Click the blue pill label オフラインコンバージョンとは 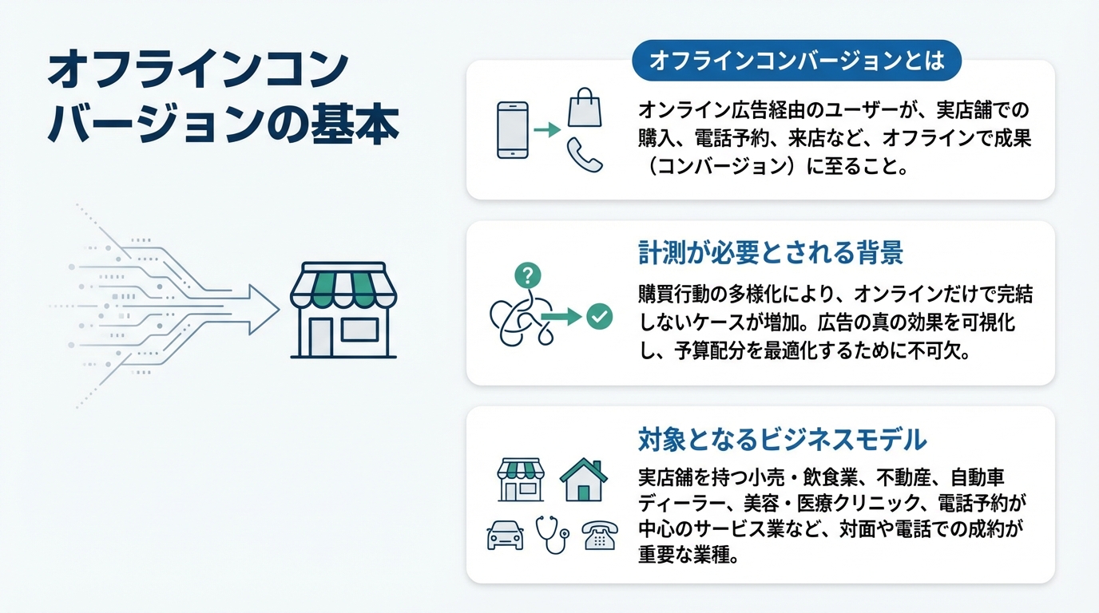coord(796,61)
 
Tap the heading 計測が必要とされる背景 coord(771,253)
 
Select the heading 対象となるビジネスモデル coord(782,439)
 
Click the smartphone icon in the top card coord(513,130)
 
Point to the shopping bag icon coord(585,108)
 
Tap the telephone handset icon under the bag coord(585,155)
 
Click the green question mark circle coord(528,275)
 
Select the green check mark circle coord(600,316)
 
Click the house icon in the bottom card coord(583,480)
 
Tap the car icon coord(505,535)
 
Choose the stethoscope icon coord(553,535)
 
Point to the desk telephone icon coord(600,535)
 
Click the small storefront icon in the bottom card coord(521,480)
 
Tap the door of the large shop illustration coord(321,337)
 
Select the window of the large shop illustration coord(359,330)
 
